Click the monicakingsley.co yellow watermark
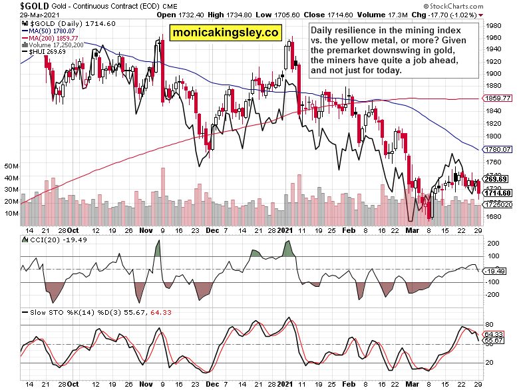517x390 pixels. [226, 32]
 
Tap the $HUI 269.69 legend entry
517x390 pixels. [43, 52]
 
